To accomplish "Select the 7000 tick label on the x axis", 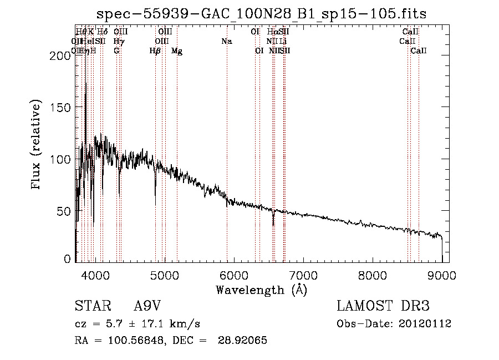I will [x=303, y=275].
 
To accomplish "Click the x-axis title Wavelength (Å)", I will [x=261, y=290].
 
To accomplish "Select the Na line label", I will [x=226, y=42].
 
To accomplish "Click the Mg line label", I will [x=177, y=51].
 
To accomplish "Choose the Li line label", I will [x=283, y=42].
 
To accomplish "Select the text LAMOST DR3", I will [x=383, y=306].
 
